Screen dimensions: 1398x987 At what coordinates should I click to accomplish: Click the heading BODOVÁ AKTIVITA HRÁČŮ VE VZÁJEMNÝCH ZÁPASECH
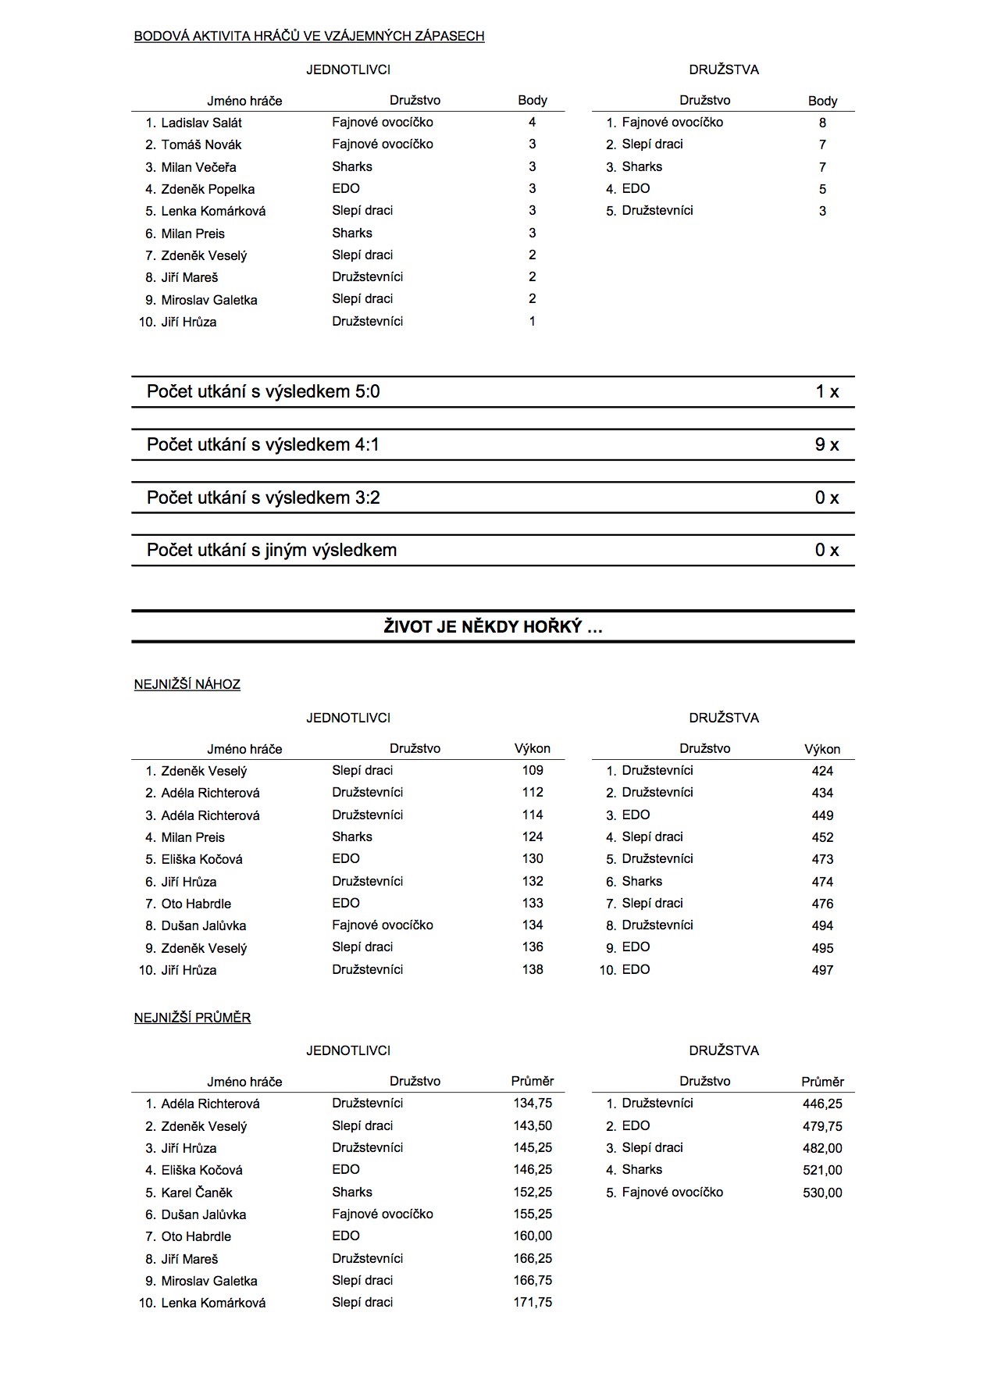(x=309, y=36)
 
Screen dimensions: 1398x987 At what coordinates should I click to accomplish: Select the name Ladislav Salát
(x=201, y=123)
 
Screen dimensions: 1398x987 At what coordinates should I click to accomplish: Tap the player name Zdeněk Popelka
(x=208, y=189)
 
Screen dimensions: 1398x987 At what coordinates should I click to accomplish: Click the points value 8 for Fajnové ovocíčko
(x=822, y=123)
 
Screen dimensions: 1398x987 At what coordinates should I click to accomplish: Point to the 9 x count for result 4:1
(x=826, y=444)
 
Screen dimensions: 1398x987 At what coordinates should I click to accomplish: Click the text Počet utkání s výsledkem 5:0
(x=263, y=391)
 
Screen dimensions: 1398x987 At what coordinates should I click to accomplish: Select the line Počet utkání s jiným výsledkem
(x=272, y=550)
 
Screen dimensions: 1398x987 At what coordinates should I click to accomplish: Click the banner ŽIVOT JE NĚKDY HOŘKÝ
(x=493, y=626)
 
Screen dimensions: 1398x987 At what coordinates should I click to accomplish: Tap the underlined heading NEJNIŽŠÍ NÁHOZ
(x=187, y=684)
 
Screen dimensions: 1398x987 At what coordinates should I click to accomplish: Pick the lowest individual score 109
(x=533, y=770)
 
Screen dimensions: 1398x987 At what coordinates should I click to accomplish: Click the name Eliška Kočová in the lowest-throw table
(x=201, y=859)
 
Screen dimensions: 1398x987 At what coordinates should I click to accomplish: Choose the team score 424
(x=822, y=771)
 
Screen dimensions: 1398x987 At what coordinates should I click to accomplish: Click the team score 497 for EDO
(x=822, y=970)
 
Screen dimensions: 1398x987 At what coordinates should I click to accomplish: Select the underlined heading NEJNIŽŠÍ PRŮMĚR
(x=192, y=1018)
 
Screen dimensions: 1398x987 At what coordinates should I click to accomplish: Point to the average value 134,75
(x=533, y=1104)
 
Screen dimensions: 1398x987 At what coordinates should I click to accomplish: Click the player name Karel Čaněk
(x=197, y=1193)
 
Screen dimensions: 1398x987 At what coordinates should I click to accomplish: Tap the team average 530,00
(x=822, y=1193)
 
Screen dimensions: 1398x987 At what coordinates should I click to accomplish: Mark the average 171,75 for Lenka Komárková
(x=533, y=1302)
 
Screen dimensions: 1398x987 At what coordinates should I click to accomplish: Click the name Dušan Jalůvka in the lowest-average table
(x=204, y=1214)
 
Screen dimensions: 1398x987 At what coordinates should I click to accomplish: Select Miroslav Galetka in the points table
(x=209, y=300)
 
